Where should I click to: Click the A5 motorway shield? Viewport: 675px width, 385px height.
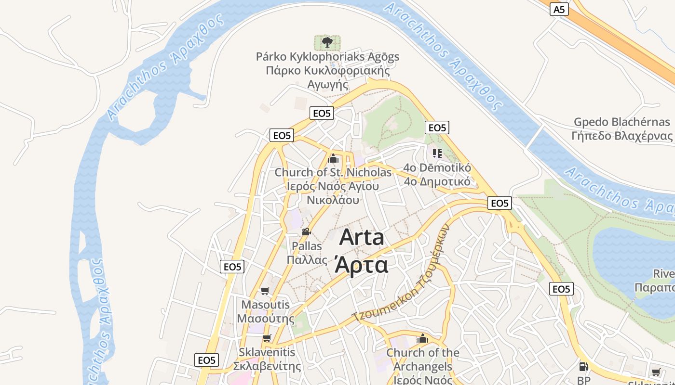click(558, 9)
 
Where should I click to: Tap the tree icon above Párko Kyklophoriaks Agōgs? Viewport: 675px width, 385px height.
click(327, 42)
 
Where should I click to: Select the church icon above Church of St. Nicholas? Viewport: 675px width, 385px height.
click(333, 158)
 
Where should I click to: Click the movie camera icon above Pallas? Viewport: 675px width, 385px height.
click(306, 231)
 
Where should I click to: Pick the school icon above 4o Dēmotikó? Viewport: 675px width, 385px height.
click(437, 154)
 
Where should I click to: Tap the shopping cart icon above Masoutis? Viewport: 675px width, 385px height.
click(265, 291)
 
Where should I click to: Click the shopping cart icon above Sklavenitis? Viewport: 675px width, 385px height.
click(267, 338)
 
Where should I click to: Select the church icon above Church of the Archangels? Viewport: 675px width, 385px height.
click(423, 338)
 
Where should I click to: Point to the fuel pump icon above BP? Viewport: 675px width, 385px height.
click(583, 367)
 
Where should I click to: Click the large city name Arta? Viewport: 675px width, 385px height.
click(362, 237)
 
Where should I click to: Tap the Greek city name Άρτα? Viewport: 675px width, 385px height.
click(362, 264)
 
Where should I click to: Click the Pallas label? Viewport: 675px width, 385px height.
click(307, 246)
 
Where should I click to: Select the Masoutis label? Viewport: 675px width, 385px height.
click(266, 305)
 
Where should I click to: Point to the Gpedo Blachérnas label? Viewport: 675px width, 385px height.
click(621, 122)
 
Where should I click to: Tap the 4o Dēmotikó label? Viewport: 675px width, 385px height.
click(437, 168)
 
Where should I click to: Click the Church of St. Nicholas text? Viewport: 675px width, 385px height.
click(333, 172)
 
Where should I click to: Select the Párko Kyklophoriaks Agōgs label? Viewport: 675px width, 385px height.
click(327, 57)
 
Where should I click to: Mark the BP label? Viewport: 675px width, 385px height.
click(583, 381)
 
